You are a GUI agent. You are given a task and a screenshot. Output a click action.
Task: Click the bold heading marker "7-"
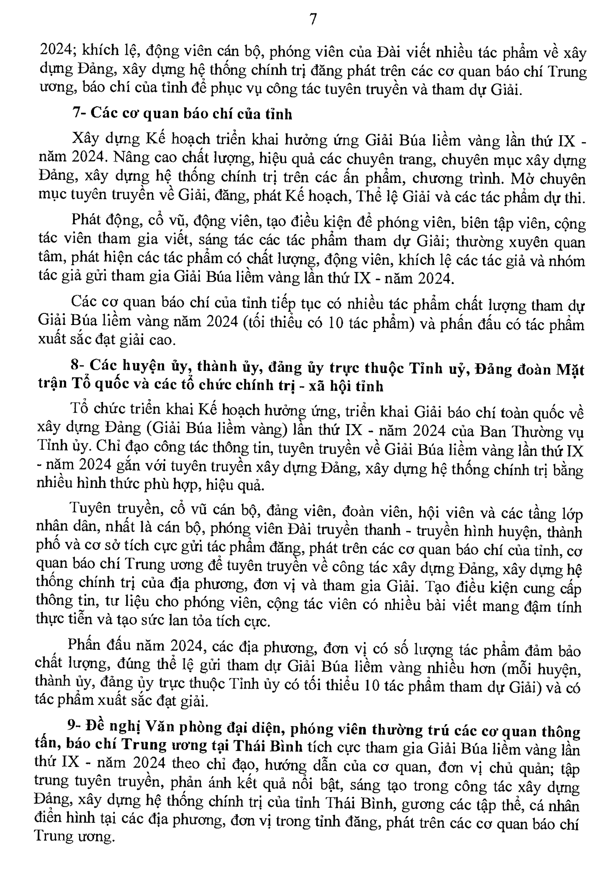pyautogui.click(x=79, y=113)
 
